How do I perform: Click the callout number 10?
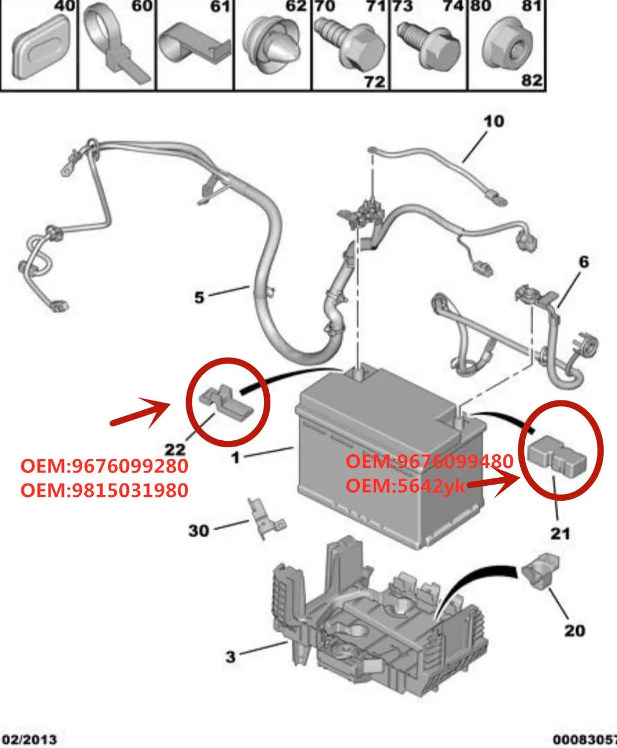[493, 121]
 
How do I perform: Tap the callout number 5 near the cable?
[199, 297]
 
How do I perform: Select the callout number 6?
[584, 262]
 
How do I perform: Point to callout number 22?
[175, 449]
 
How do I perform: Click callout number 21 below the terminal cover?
[560, 534]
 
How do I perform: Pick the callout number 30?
[198, 531]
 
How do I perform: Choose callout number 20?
[574, 630]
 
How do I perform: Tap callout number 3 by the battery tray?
[230, 657]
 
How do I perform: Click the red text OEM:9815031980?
[104, 490]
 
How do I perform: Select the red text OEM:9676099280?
[104, 466]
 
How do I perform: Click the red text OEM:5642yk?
[405, 485]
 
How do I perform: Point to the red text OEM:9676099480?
[429, 461]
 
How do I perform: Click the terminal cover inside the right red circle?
[557, 455]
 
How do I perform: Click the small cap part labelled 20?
[541, 569]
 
